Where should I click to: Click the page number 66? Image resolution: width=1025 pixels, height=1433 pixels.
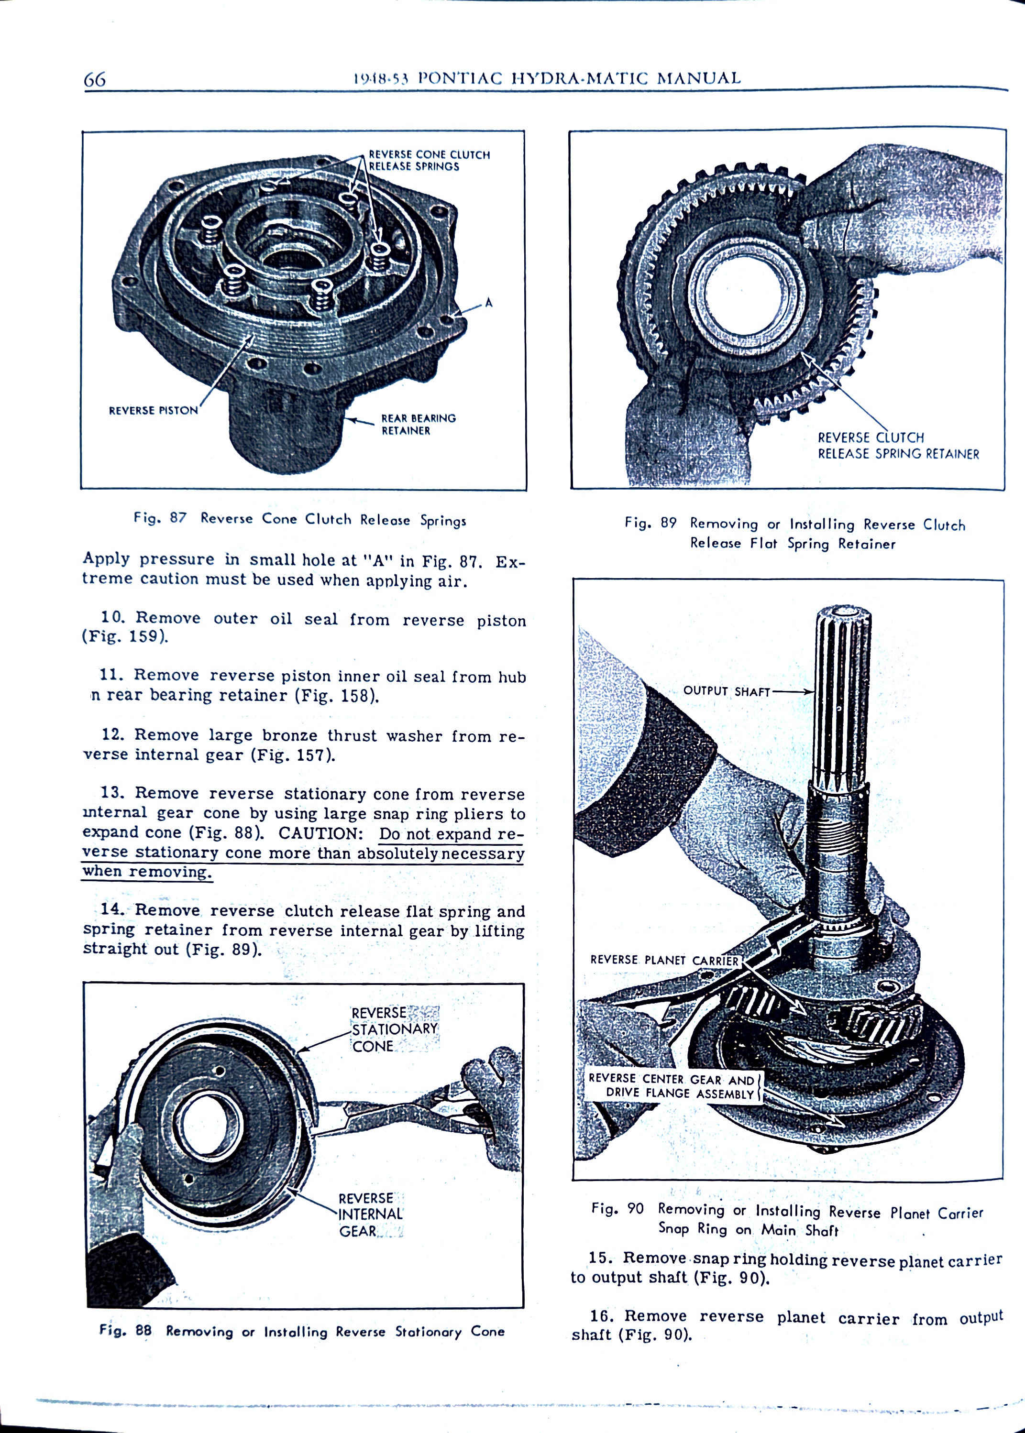(95, 79)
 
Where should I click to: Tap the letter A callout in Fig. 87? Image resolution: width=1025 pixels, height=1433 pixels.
(488, 303)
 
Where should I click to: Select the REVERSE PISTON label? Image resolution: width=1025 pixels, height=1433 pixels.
(154, 410)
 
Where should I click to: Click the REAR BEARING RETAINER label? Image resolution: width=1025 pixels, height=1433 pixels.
(418, 424)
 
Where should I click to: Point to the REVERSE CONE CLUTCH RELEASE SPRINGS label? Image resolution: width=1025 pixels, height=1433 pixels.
(429, 160)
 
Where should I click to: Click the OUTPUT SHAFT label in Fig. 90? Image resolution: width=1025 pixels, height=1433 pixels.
(727, 691)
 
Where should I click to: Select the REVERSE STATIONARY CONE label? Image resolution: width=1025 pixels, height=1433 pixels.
(394, 1029)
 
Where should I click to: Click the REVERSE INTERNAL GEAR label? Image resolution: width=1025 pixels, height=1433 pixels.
(370, 1214)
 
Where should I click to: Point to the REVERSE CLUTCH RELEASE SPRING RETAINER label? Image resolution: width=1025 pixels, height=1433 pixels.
(897, 446)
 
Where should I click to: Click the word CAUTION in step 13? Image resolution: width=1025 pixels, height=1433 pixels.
(320, 833)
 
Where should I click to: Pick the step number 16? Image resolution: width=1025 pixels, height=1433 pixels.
(602, 1316)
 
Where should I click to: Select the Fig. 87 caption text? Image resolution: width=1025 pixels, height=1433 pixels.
(300, 519)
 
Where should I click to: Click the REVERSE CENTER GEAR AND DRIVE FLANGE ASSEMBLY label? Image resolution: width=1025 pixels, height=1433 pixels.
(671, 1085)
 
